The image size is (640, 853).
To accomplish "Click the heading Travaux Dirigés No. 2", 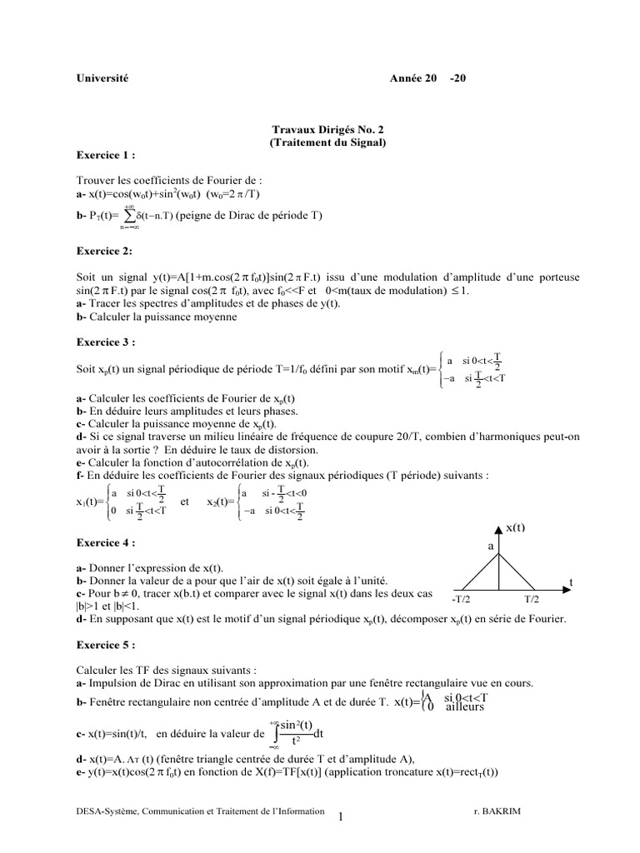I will (x=329, y=130).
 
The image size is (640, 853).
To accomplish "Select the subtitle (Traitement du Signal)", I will (x=328, y=142).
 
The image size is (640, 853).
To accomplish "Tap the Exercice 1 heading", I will (x=104, y=155).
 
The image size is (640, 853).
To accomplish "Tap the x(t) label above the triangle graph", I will (x=517, y=528).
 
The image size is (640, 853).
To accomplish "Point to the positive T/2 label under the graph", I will (x=534, y=599).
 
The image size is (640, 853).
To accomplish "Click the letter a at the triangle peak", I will (x=491, y=545).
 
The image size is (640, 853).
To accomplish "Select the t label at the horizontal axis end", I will (x=571, y=581).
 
